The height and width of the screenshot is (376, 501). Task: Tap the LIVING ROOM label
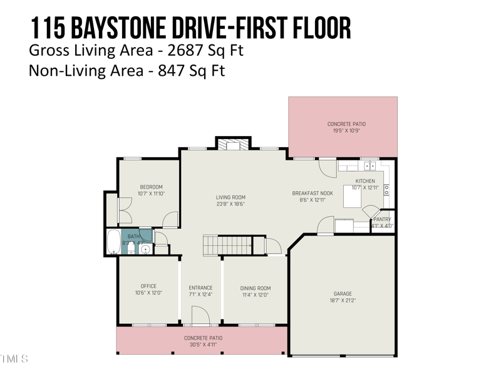coord(230,197)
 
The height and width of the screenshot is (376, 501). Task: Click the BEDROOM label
coord(151,187)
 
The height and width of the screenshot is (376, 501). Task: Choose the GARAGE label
coord(343,294)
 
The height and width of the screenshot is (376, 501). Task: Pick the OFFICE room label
coord(148,286)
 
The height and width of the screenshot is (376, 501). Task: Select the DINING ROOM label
coord(256,288)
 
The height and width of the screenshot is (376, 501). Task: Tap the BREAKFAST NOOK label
coord(312,194)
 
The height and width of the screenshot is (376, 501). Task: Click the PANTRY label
coord(382,219)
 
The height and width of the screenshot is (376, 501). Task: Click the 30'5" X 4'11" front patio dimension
coord(204,344)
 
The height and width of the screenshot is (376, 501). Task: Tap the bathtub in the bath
coord(113,242)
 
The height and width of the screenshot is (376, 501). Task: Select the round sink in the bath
coord(145,249)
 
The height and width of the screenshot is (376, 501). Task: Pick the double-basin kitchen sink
coord(369,166)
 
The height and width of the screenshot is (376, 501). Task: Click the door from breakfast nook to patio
coord(326,167)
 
